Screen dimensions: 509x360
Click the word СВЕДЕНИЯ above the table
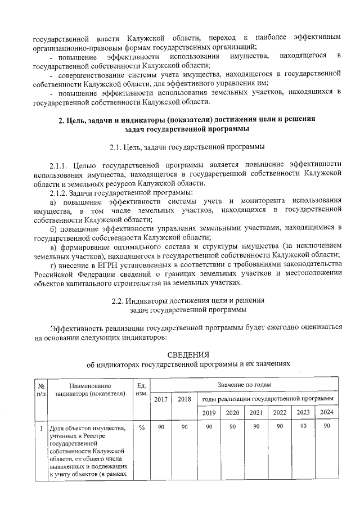[x=188, y=354]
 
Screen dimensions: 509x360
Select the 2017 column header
[x=161, y=399]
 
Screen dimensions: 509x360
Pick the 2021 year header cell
[x=255, y=413]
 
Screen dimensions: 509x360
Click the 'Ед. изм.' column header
[x=142, y=390]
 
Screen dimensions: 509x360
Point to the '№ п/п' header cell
[x=40, y=390]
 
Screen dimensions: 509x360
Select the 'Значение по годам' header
[x=244, y=385]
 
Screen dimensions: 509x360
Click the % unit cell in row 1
[x=142, y=428]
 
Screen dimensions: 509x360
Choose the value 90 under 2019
[x=208, y=428]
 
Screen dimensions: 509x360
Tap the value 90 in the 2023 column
[x=303, y=428]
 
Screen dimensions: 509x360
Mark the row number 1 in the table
[x=40, y=429]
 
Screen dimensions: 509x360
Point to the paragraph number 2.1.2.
[x=61, y=192]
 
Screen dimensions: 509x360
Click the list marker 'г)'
[x=53, y=264]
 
